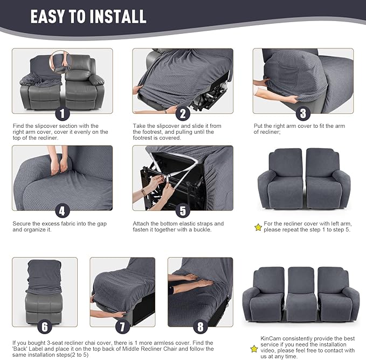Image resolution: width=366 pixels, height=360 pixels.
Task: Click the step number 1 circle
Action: click(x=63, y=113)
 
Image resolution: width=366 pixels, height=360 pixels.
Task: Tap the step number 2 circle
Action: click(x=183, y=113)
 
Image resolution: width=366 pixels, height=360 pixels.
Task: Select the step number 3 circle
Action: click(x=303, y=113)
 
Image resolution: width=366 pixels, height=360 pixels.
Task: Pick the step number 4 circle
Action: click(x=63, y=211)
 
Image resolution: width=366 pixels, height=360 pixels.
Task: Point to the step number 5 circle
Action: click(x=183, y=211)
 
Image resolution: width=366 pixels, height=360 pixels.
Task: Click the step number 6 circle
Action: click(x=45, y=327)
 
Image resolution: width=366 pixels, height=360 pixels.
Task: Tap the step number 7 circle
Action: click(x=122, y=327)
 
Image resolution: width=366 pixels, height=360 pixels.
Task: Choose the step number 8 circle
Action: click(x=201, y=327)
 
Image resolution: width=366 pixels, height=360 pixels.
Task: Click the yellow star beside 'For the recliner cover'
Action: click(x=258, y=227)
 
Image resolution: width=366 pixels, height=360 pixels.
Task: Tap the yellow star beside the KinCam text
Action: click(x=254, y=349)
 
